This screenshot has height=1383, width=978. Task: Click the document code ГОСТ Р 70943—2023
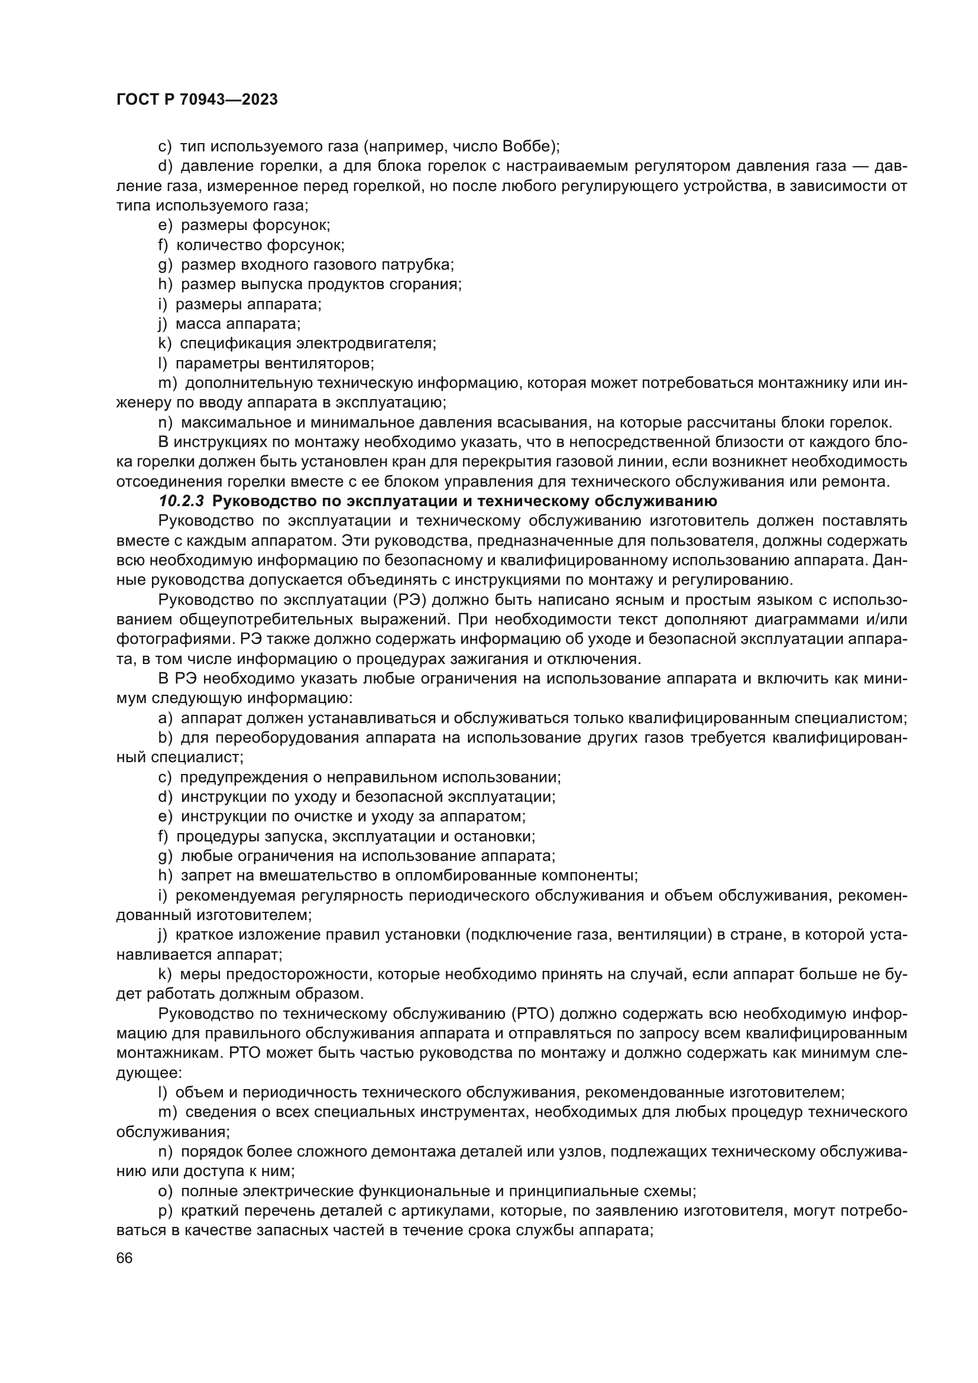tap(197, 100)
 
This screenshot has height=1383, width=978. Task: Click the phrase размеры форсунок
tap(255, 225)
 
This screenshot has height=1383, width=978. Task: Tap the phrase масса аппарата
tap(238, 324)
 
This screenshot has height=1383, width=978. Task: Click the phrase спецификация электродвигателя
tap(307, 344)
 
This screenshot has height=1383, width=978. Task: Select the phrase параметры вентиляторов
tap(274, 363)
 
